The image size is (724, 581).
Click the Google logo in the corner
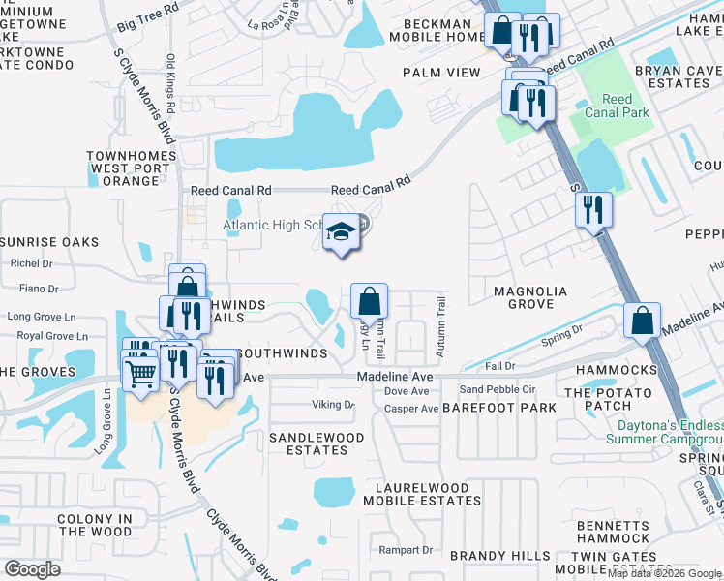pos(32,568)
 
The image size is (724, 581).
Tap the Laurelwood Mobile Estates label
pos(422,495)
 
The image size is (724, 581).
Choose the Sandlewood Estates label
pos(316,443)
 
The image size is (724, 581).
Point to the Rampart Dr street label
pos(406,550)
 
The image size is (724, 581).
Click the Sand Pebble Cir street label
pos(498,389)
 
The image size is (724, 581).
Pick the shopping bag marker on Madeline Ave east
pos(642,321)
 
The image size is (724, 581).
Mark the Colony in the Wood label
pos(94,525)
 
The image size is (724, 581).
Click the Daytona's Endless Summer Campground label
pos(664,432)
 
